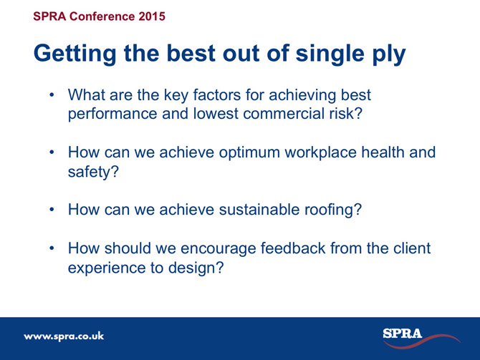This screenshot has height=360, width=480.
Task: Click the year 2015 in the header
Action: pyautogui.click(x=152, y=16)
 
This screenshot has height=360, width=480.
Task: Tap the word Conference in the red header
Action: pyautogui.click(x=102, y=16)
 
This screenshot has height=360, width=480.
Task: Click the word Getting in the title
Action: pyautogui.click(x=75, y=54)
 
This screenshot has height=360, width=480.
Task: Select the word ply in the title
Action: pyautogui.click(x=389, y=54)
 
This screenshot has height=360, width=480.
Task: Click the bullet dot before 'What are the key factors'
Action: pyautogui.click(x=52, y=94)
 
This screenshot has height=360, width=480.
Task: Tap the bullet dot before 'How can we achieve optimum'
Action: pyautogui.click(x=52, y=152)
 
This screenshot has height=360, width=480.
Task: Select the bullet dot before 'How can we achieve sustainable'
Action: pyautogui.click(x=52, y=210)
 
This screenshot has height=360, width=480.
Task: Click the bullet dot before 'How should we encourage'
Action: pyautogui.click(x=52, y=248)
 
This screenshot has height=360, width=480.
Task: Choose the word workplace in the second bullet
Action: pyautogui.click(x=320, y=152)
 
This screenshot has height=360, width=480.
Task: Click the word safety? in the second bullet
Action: pyautogui.click(x=93, y=172)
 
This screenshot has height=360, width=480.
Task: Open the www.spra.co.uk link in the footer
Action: pyautogui.click(x=64, y=336)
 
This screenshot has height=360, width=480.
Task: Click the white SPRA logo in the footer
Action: pyautogui.click(x=403, y=334)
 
